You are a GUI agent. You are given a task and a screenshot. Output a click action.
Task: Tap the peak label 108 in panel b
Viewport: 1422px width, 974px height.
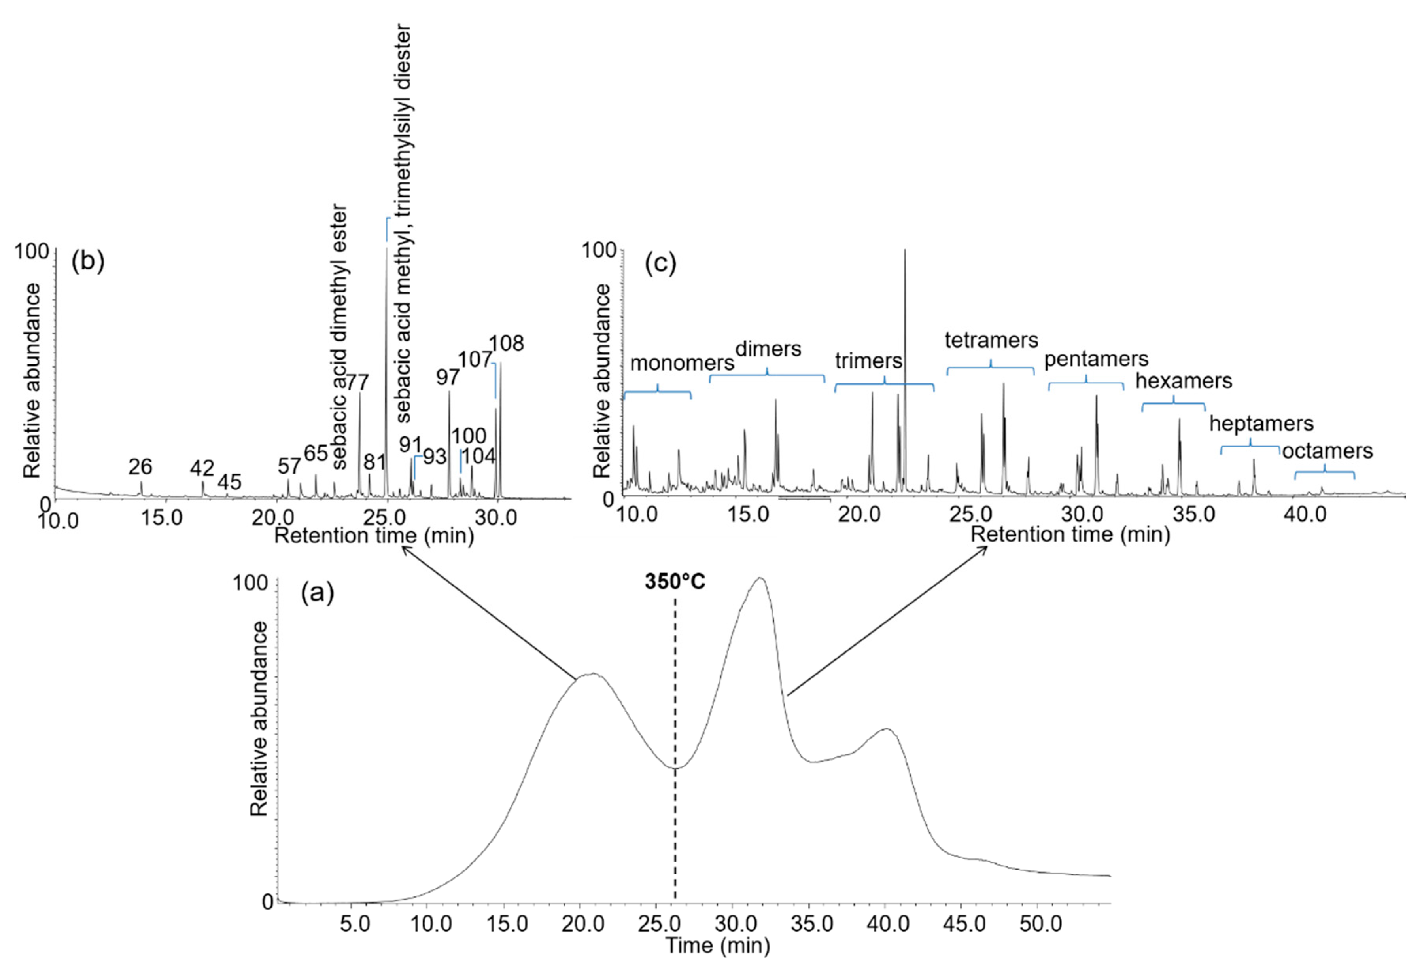pos(506,343)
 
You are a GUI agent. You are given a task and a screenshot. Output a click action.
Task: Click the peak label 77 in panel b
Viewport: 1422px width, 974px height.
pos(357,383)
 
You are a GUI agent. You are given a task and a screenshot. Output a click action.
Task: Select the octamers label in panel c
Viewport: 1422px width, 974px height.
pos(1327,451)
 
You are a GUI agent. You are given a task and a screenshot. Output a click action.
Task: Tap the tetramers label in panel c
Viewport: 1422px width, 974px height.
pos(991,340)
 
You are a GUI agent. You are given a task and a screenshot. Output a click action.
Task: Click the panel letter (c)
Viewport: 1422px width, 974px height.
pos(660,264)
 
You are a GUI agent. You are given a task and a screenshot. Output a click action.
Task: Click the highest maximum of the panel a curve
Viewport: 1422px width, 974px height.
pos(760,578)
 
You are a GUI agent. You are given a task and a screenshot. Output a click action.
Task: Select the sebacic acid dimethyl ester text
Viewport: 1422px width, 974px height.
pos(340,338)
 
